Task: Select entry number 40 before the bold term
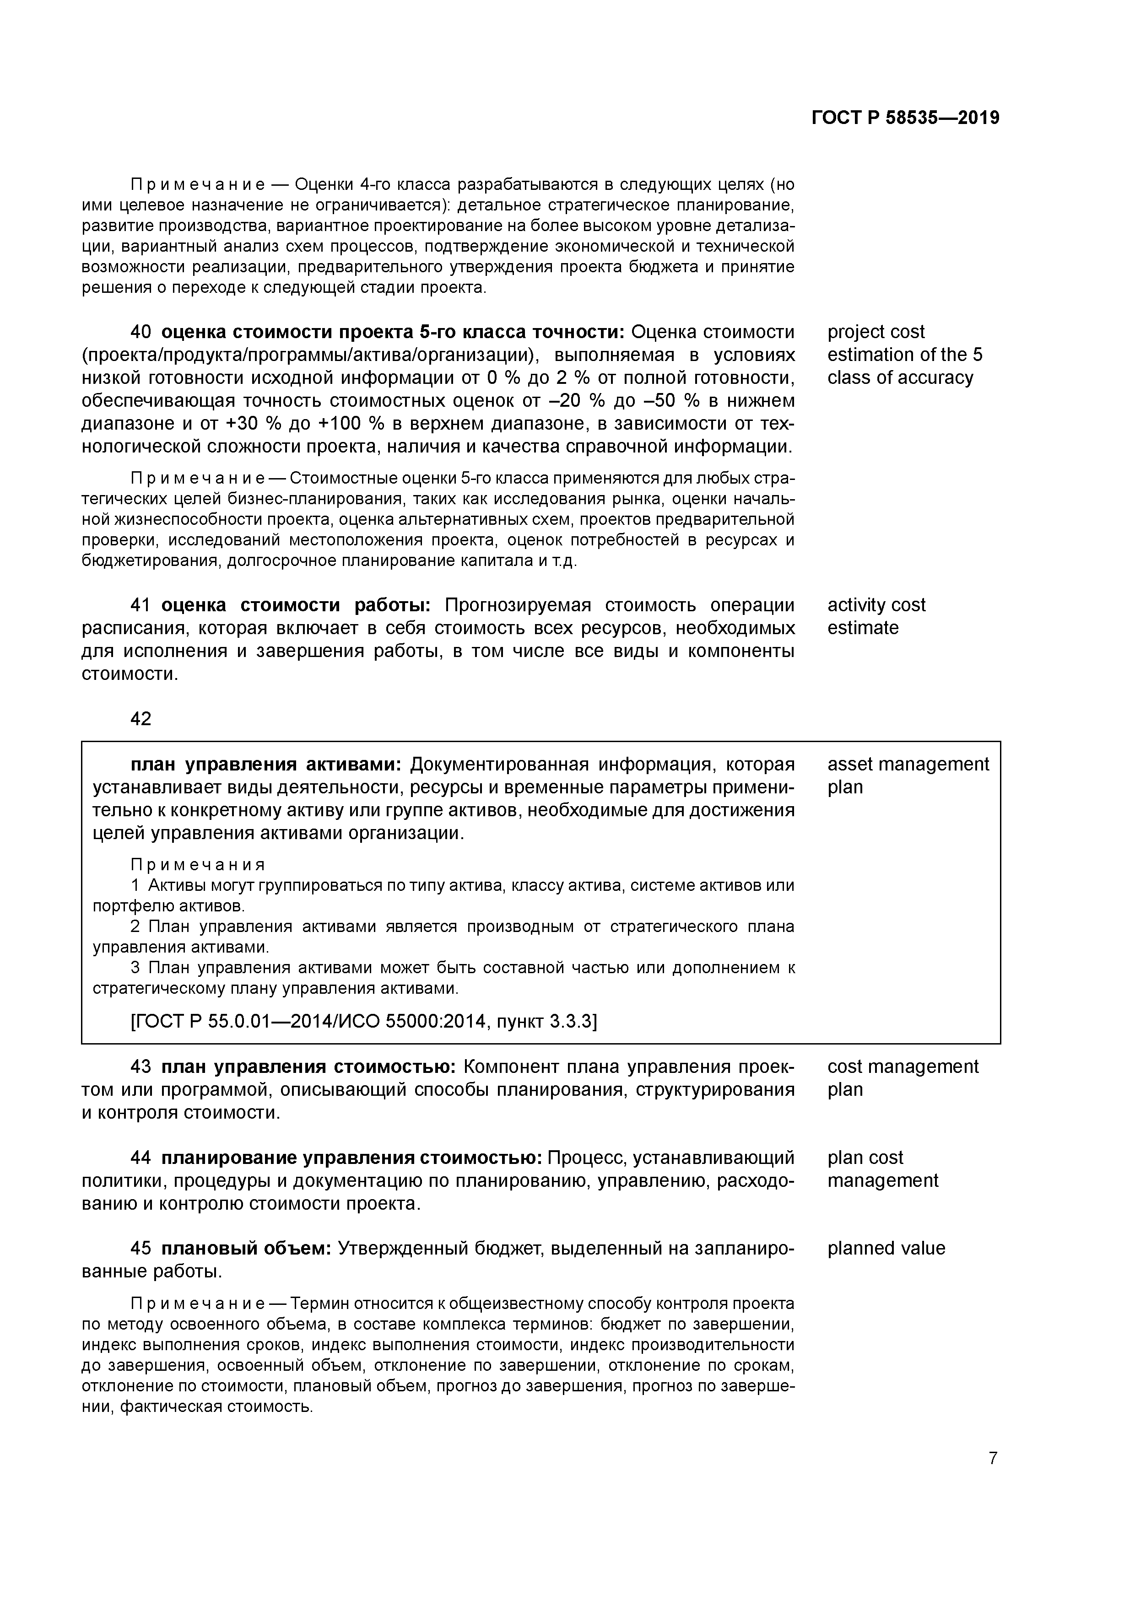tap(141, 332)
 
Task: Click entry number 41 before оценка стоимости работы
tap(141, 605)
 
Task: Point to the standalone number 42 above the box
tap(141, 719)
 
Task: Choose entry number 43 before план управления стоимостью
tap(141, 1067)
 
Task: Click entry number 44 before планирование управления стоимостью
tap(141, 1158)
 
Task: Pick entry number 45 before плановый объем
tap(141, 1249)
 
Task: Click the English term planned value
tap(886, 1249)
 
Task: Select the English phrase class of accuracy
tap(900, 378)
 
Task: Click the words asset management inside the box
tap(908, 765)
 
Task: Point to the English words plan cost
tap(865, 1158)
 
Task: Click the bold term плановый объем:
tap(246, 1249)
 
